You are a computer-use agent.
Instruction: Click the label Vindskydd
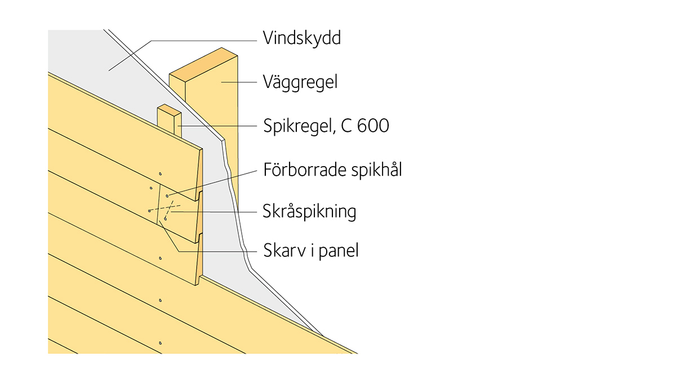click(x=302, y=38)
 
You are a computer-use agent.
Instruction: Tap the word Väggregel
click(x=300, y=82)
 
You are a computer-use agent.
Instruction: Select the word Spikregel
click(x=299, y=126)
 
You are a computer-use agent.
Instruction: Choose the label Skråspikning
click(x=309, y=212)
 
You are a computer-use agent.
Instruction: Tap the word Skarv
click(x=284, y=251)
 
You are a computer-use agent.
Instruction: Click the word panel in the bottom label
click(x=339, y=251)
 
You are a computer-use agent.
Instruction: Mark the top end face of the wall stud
click(x=203, y=65)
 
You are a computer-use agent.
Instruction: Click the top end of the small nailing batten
click(x=170, y=110)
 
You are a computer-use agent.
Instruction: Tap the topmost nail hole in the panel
click(x=160, y=174)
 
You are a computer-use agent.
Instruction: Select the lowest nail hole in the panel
click(x=160, y=343)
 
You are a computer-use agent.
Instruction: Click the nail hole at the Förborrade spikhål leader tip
click(x=167, y=196)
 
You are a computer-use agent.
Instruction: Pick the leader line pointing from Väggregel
click(x=239, y=82)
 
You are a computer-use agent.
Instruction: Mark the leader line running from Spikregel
click(x=217, y=126)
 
